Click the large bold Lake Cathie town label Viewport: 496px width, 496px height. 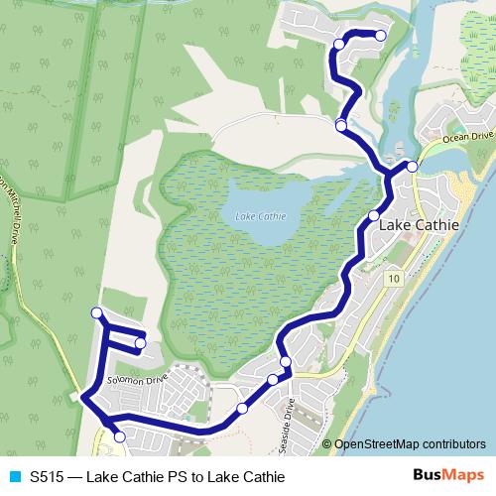[x=420, y=225]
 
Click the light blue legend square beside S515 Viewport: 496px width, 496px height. [x=14, y=477]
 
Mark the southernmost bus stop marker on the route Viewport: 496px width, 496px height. [x=120, y=436]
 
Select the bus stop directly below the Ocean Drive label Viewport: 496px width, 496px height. [x=412, y=167]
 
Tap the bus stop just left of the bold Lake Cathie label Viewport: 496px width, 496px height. [x=374, y=216]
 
